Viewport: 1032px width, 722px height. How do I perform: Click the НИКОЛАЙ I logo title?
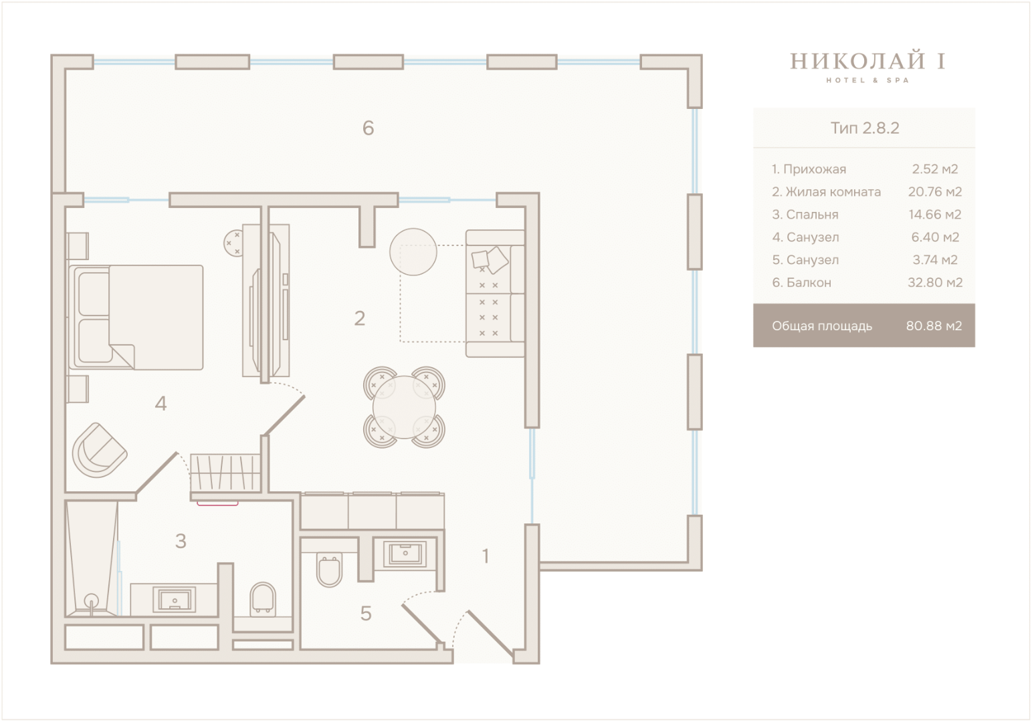coord(868,62)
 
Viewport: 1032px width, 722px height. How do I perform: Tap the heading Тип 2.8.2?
coord(864,128)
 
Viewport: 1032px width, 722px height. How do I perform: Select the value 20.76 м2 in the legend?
coord(935,192)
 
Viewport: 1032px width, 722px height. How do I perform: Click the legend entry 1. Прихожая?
coord(809,169)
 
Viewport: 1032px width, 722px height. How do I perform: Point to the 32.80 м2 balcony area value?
coord(935,282)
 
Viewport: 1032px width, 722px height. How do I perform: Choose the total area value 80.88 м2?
coord(934,326)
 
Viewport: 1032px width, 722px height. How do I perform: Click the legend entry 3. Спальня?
coord(805,215)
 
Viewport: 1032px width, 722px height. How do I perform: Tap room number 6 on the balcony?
coord(368,128)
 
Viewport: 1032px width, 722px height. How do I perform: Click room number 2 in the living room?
coord(359,318)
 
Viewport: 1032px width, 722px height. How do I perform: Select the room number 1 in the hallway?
coord(485,556)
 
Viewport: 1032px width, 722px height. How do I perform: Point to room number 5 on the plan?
coord(366,613)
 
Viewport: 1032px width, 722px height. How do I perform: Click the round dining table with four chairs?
coord(404,407)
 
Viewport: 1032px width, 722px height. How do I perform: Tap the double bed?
coord(136,318)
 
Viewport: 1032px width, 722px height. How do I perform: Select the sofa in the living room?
coord(496,293)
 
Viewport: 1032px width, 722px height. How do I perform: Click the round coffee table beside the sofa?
coord(413,252)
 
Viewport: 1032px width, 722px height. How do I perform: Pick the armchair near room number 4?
coord(100,450)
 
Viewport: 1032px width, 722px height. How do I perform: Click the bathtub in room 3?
coord(92,558)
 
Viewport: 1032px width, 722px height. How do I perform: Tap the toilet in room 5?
coord(330,570)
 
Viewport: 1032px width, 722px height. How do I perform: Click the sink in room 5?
coord(405,553)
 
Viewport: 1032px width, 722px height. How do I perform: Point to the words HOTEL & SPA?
coord(867,81)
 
